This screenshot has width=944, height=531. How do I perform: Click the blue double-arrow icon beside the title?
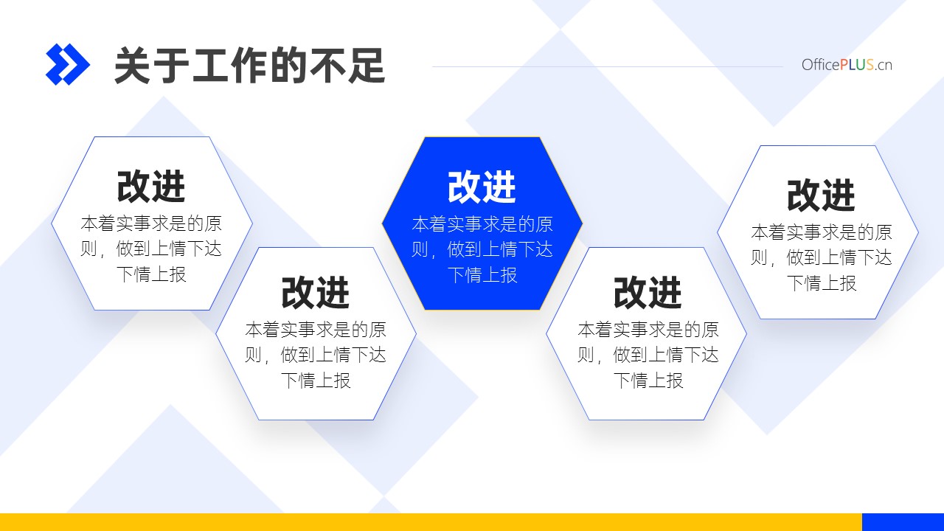pyautogui.click(x=67, y=64)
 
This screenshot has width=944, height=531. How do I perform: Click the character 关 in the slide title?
pyautogui.click(x=133, y=66)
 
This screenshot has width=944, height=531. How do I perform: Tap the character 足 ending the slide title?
pyautogui.click(x=367, y=66)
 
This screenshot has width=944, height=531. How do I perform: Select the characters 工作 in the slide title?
pyautogui.click(x=230, y=66)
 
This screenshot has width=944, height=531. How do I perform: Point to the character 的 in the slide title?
pyautogui.click(x=288, y=66)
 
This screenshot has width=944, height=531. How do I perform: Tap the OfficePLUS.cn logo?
pyautogui.click(x=847, y=65)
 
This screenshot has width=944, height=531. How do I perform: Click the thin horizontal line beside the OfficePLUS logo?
pyautogui.click(x=608, y=66)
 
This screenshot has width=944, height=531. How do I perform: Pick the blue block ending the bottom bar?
pyautogui.click(x=903, y=522)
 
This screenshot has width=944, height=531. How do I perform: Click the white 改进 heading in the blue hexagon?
pyautogui.click(x=482, y=187)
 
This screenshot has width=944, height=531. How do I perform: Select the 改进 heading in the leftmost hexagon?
pyautogui.click(x=151, y=187)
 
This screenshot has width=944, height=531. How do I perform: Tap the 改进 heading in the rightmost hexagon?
pyautogui.click(x=821, y=195)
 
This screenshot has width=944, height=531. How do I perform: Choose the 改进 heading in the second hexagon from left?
pyautogui.click(x=315, y=293)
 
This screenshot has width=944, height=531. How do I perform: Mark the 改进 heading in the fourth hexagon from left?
pyautogui.click(x=648, y=293)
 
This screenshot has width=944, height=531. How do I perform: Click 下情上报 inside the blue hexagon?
pyautogui.click(x=482, y=275)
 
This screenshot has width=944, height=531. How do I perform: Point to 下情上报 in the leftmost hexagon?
pyautogui.click(x=151, y=274)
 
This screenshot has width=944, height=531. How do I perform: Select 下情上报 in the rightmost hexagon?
pyautogui.click(x=822, y=283)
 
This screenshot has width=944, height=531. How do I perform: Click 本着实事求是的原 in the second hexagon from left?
pyautogui.click(x=316, y=330)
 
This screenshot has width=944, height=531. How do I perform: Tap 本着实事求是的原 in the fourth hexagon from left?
pyautogui.click(x=648, y=330)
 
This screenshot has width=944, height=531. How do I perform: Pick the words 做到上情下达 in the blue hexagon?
pyautogui.click(x=500, y=249)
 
